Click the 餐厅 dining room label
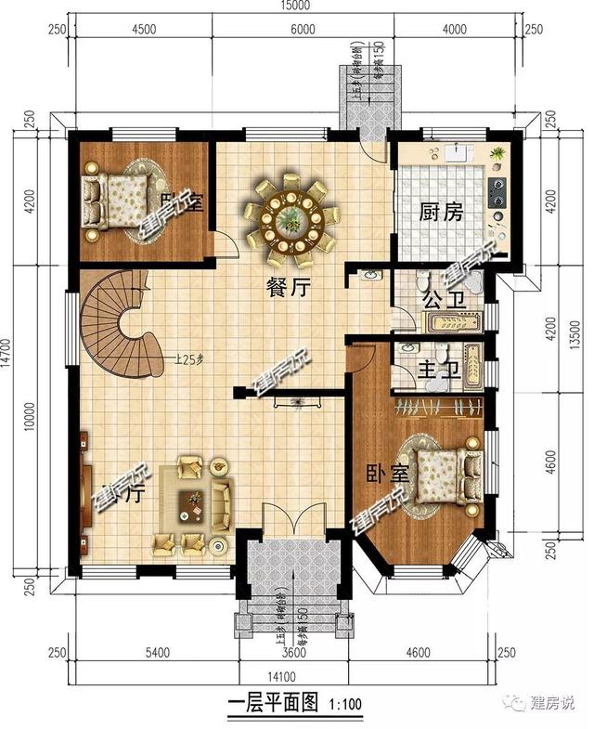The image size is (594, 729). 288,288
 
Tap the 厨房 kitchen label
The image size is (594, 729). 440,213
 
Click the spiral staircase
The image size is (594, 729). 119,320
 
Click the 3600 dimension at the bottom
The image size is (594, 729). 295,654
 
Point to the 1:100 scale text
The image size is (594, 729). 347,704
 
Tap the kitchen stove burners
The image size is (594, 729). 497,190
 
